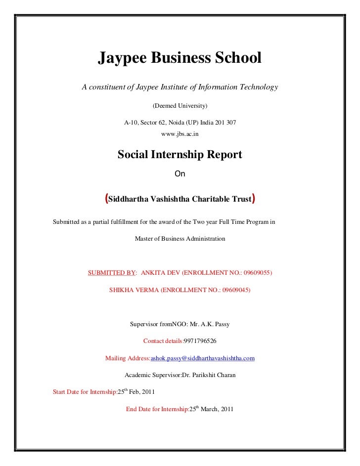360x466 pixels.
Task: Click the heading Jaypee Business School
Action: click(x=180, y=59)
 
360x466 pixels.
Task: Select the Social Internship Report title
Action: click(x=180, y=155)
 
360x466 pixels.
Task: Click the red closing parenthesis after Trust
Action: click(x=254, y=199)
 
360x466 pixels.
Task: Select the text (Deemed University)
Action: click(x=180, y=106)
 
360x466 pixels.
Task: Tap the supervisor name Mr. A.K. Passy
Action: click(x=210, y=325)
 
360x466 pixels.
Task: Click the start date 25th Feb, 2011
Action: click(x=136, y=392)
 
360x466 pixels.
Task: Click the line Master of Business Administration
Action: click(x=180, y=239)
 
